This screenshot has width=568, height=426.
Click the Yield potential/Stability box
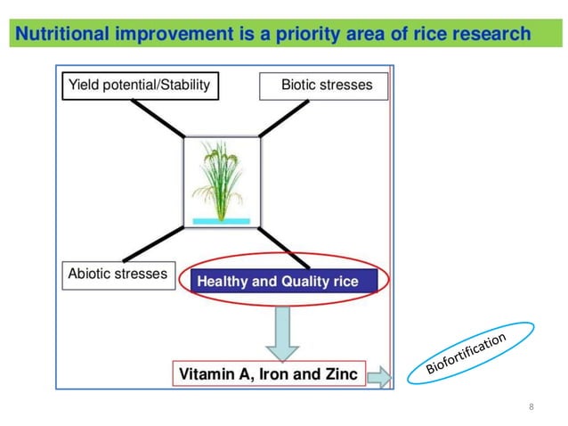click(139, 86)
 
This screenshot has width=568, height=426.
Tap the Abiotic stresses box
click(118, 274)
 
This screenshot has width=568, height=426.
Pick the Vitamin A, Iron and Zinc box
click(268, 373)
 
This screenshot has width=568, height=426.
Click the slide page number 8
click(531, 407)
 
